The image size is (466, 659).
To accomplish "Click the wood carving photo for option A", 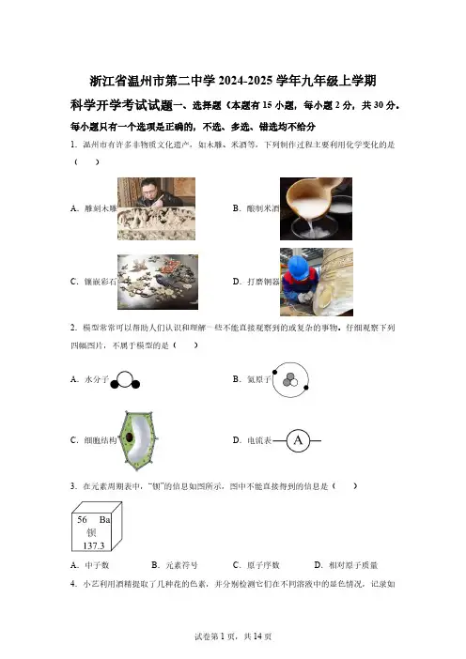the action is point(156,208).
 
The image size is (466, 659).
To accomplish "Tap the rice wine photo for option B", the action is point(316,208).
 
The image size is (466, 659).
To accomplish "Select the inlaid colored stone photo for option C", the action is point(158,282).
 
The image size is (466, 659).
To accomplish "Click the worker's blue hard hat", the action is point(299,266).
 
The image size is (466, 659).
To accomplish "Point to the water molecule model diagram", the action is point(125,380).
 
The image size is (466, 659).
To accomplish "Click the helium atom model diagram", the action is point(290,380).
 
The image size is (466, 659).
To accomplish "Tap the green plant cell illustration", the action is point(138,440).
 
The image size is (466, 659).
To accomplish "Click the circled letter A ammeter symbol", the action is point(298,440).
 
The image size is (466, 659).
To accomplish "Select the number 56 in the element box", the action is point(82,519).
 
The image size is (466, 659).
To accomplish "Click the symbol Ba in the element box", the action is point(104,519).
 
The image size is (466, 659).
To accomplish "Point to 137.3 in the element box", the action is point(93,545).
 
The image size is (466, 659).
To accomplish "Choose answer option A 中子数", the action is point(90,565).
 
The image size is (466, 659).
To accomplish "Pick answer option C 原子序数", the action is point(256,565).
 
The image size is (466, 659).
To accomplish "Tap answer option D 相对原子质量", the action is point(346,565).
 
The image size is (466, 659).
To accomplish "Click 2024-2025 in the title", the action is point(245,81).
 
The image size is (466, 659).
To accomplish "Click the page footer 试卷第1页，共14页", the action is point(233,636).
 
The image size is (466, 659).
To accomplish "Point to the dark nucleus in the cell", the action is point(129,437).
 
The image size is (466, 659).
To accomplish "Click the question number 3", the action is point(73,486).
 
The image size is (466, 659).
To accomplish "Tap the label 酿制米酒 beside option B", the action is point(263,208).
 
